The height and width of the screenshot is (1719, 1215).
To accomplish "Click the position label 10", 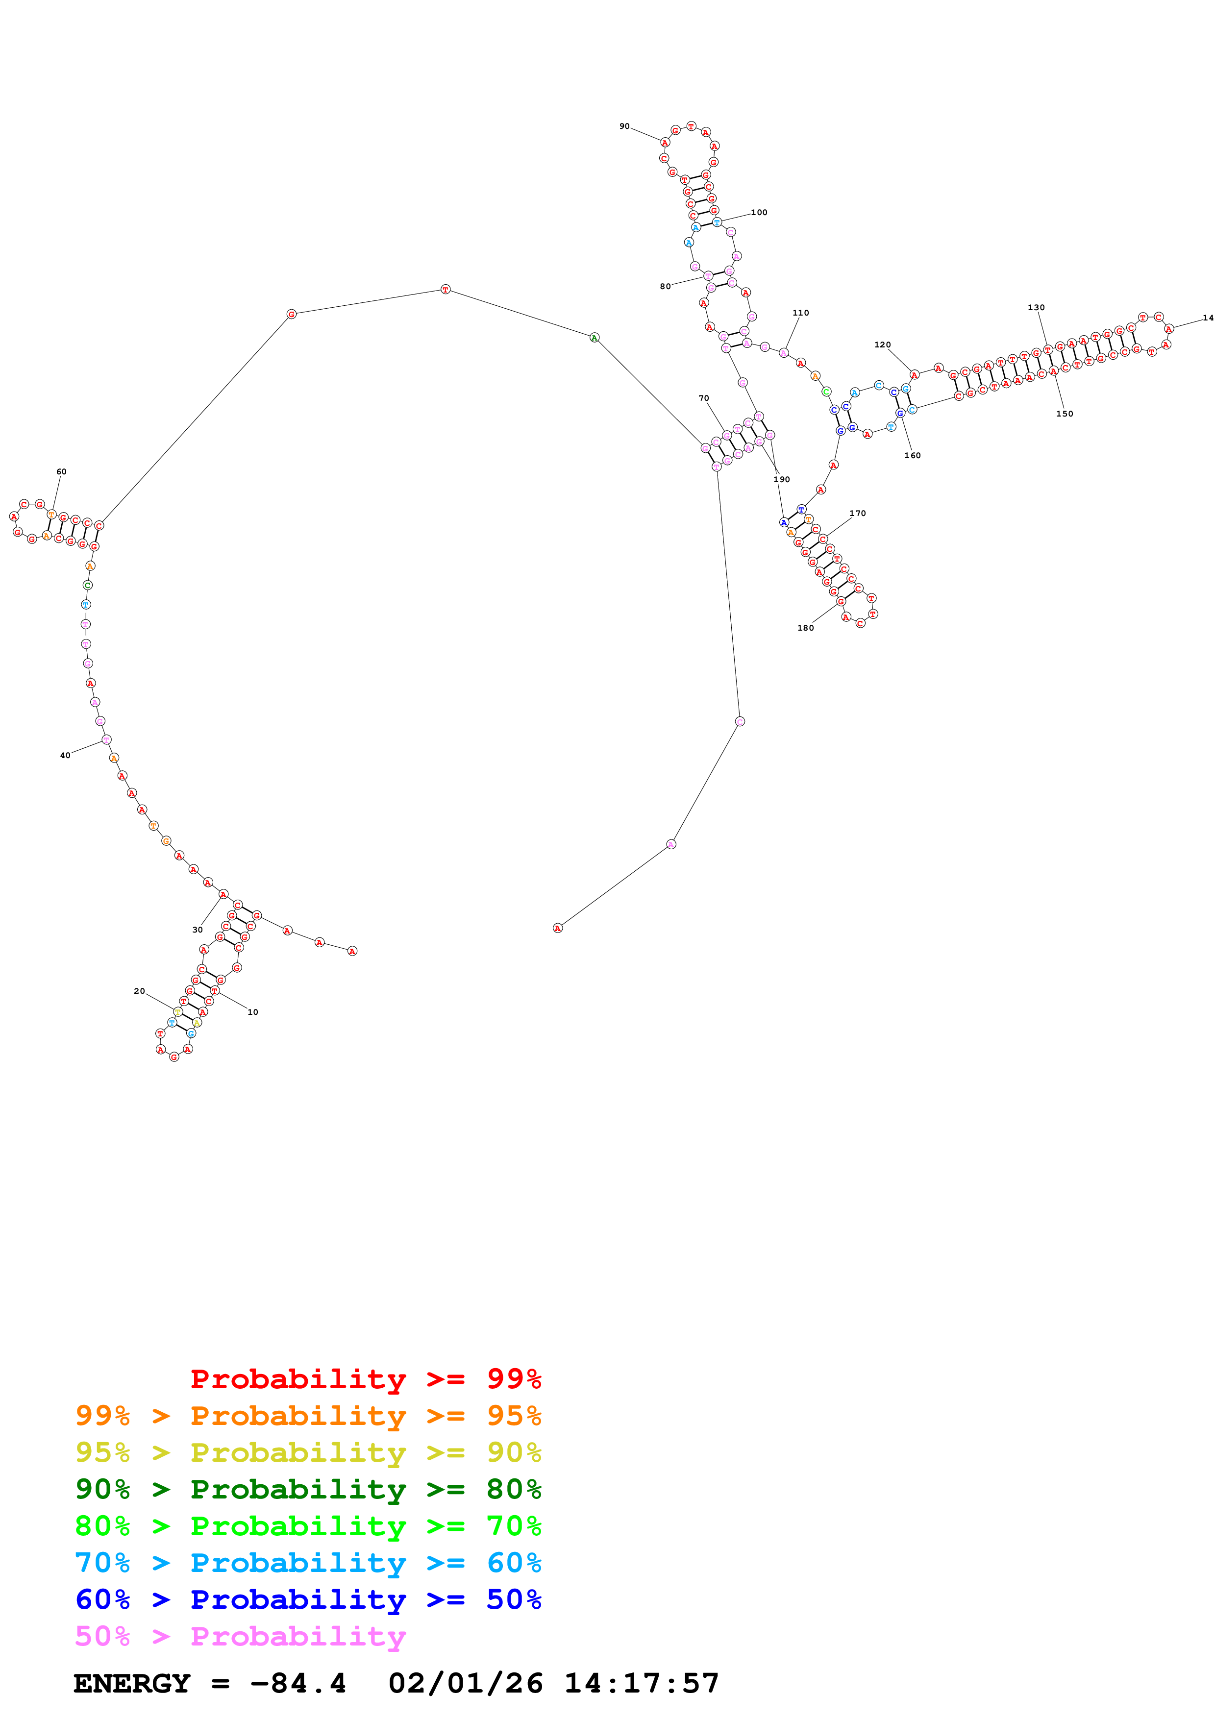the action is click(253, 1012).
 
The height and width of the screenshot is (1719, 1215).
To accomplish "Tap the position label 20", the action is click(139, 991).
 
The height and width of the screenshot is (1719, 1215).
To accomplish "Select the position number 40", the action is click(65, 756).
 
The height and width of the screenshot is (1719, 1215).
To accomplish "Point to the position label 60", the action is click(61, 472).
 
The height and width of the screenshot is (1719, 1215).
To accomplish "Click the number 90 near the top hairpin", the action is click(624, 126).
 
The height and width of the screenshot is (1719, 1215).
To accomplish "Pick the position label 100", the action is click(759, 213).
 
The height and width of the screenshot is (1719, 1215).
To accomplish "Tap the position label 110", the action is click(800, 313).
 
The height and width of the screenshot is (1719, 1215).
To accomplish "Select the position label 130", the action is click(1036, 308).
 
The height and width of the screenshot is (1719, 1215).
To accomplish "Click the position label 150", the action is click(1065, 414).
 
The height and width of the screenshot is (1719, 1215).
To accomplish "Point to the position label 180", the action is click(806, 628).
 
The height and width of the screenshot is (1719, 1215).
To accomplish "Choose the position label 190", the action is click(782, 479).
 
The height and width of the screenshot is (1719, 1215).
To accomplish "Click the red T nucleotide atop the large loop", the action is click(446, 290).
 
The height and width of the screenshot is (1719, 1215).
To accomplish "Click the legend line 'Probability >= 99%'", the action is click(365, 1378).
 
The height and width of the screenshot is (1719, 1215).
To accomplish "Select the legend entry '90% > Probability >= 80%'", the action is click(308, 1489).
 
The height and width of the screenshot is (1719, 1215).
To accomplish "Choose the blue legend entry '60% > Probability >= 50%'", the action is click(308, 1599).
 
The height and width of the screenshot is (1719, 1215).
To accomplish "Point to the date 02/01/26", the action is click(465, 1684).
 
